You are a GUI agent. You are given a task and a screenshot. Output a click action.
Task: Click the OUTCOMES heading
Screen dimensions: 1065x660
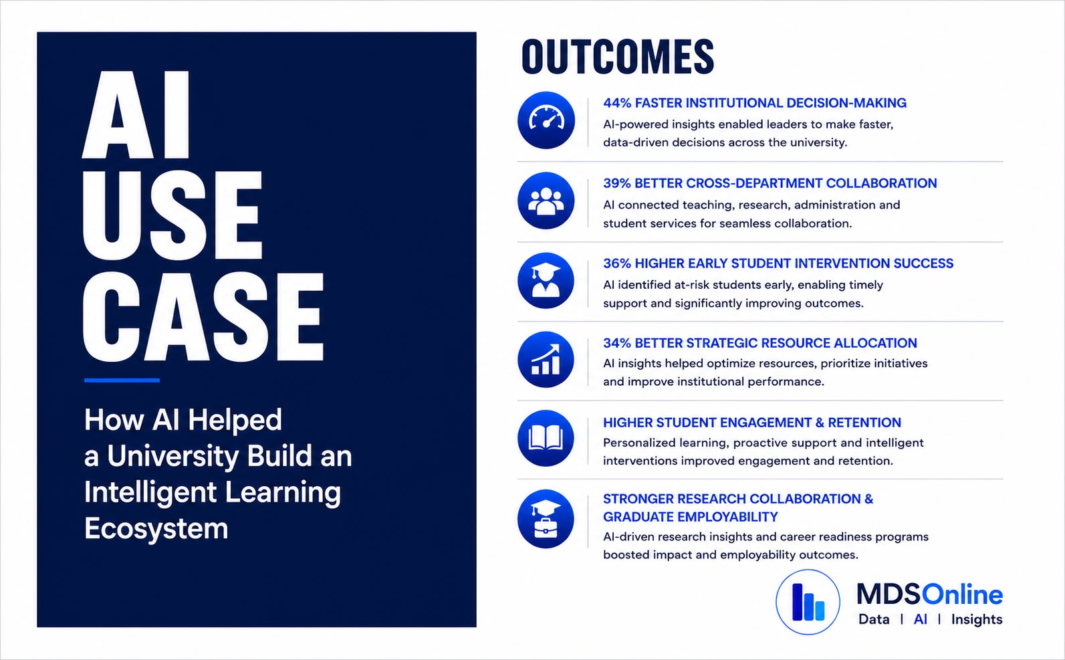(618, 57)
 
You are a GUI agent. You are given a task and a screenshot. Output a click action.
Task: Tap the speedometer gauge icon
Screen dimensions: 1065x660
(546, 120)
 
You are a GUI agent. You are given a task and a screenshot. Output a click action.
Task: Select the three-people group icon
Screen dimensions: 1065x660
(546, 201)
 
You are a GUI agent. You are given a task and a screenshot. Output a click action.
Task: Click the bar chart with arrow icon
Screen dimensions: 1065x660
(546, 360)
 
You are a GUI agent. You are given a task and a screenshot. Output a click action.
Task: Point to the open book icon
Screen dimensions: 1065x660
(546, 438)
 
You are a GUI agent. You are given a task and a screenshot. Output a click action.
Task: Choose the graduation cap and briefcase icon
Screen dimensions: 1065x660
(546, 519)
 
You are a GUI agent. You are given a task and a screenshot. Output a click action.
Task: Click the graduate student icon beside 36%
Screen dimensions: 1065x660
(546, 281)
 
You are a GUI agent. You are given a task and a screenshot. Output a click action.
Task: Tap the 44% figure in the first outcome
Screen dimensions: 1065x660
(617, 103)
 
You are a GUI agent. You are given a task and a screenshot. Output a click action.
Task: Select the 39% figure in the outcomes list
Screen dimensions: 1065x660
(617, 183)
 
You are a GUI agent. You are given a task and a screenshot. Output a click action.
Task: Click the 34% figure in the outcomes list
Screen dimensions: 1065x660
(617, 343)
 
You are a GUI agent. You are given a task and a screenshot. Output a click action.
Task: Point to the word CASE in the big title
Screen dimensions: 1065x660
(203, 317)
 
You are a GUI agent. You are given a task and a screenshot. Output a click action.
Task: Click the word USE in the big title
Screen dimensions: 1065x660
(172, 215)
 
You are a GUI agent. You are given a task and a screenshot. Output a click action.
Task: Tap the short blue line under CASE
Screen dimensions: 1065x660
(122, 380)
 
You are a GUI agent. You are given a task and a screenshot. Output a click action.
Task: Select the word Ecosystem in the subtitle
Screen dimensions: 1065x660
(156, 529)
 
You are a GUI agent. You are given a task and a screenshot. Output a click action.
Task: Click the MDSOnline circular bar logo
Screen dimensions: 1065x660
(808, 602)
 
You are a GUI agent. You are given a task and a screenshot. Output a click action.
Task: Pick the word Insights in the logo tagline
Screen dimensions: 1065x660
(977, 620)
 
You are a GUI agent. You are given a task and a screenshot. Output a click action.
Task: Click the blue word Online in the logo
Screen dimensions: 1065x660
(962, 594)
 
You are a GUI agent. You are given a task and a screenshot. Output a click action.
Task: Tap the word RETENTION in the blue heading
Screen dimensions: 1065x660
(864, 423)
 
